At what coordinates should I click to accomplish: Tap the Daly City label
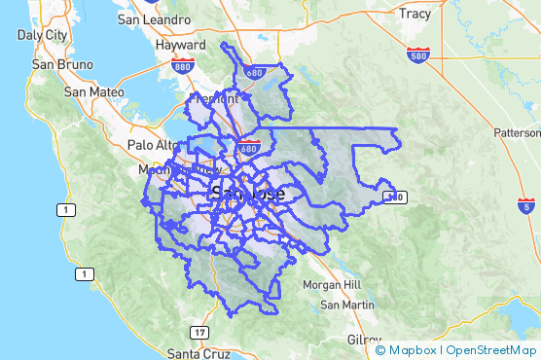(x=42, y=34)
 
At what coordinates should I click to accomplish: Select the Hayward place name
(x=181, y=45)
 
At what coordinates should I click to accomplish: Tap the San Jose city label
(x=248, y=193)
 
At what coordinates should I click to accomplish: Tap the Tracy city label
(x=415, y=15)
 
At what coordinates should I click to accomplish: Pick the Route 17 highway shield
(x=199, y=332)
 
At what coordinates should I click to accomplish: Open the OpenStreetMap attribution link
(x=490, y=349)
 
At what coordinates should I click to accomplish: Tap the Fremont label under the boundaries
(x=214, y=99)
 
